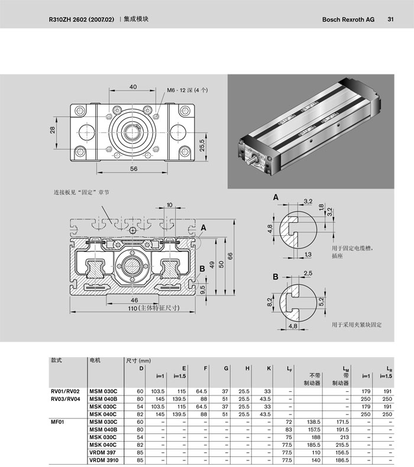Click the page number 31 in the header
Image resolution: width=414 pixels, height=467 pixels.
click(x=390, y=20)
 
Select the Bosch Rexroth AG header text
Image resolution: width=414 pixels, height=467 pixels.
click(x=348, y=20)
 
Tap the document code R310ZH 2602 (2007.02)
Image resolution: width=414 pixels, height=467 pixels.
click(x=82, y=20)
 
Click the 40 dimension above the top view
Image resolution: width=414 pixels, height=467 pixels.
click(x=133, y=87)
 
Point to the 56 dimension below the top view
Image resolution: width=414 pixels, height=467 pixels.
click(x=134, y=168)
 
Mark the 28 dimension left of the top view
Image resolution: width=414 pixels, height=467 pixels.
click(x=53, y=130)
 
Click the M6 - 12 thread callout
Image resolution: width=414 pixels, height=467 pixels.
click(x=187, y=90)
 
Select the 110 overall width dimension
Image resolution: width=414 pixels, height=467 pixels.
click(x=132, y=308)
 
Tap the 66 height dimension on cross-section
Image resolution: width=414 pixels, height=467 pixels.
click(x=230, y=256)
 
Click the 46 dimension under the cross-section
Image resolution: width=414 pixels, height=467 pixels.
click(x=134, y=300)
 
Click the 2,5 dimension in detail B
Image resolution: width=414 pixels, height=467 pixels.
click(x=308, y=273)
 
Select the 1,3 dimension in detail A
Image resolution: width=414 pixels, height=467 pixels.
click(x=308, y=254)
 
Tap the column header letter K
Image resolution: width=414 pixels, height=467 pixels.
click(x=269, y=368)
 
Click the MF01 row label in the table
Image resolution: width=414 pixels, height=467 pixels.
click(x=57, y=422)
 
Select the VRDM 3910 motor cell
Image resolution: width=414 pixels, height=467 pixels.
click(x=104, y=460)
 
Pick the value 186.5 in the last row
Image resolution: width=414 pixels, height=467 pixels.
click(x=342, y=460)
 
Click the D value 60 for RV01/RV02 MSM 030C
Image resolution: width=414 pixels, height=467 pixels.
click(x=140, y=391)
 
